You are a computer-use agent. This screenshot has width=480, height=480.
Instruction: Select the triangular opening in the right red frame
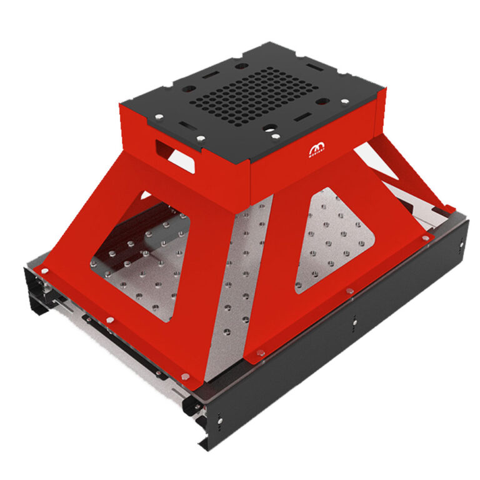[328, 241]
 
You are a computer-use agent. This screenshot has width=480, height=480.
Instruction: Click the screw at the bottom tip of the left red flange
[185, 376]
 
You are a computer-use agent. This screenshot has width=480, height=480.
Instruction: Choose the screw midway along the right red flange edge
[349, 291]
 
